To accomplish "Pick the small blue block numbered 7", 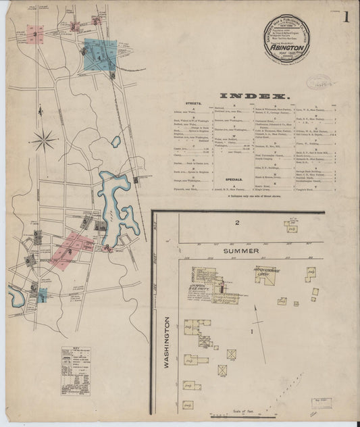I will (x=42, y=295).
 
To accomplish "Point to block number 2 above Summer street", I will (x=237, y=223).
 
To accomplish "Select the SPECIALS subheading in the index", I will (x=234, y=179).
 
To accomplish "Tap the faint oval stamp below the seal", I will (x=319, y=83).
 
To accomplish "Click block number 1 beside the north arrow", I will (x=252, y=331).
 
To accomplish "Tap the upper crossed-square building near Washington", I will (x=232, y=354).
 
